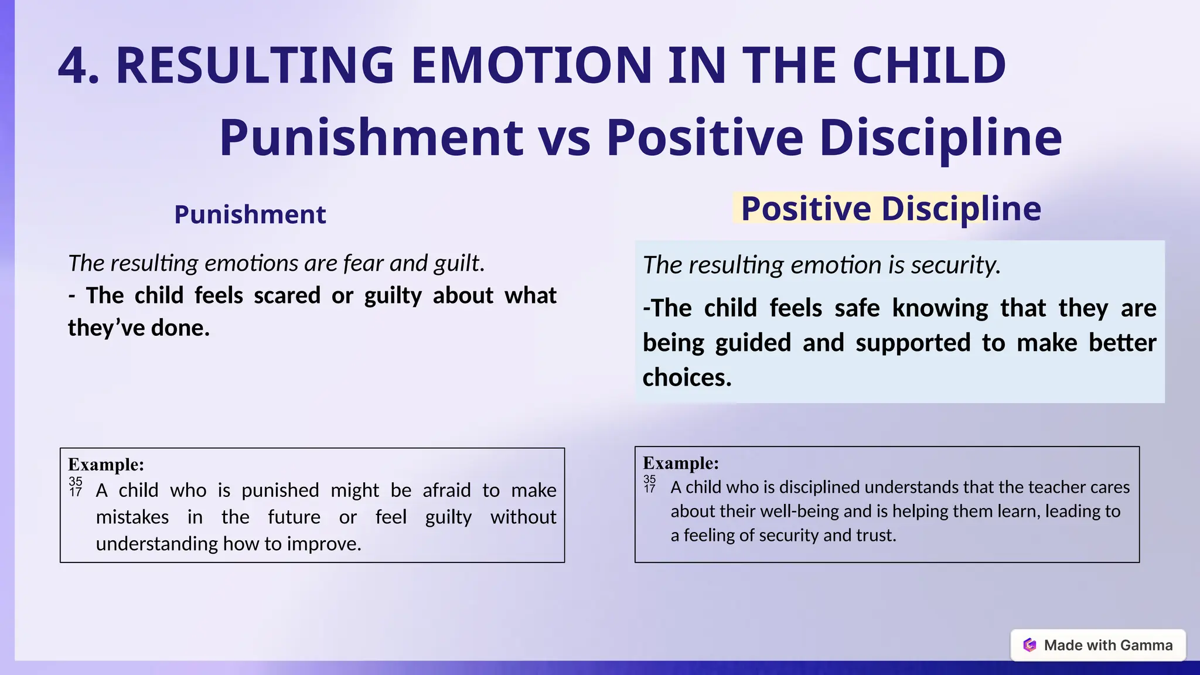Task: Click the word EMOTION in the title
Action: click(531, 66)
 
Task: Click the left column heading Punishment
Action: click(250, 214)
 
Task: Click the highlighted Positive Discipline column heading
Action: click(891, 209)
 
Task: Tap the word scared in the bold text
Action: click(287, 295)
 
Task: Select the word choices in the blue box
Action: click(687, 377)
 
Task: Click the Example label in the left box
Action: click(106, 465)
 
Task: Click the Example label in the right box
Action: click(681, 463)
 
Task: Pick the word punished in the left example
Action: click(280, 490)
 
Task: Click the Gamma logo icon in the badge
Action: click(1029, 645)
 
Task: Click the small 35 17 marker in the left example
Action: click(76, 487)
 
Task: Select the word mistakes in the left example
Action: click(132, 517)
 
